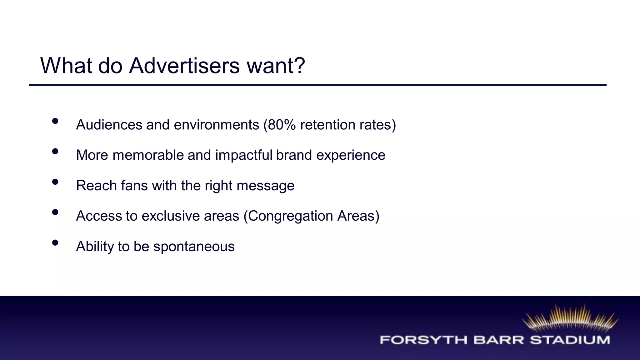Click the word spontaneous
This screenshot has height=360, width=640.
pos(194,247)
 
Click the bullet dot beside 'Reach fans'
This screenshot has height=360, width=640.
pos(55,182)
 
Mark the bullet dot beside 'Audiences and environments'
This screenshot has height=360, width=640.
pos(55,121)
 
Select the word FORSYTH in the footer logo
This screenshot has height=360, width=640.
pos(423,340)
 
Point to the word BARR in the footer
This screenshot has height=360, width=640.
pos(498,340)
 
